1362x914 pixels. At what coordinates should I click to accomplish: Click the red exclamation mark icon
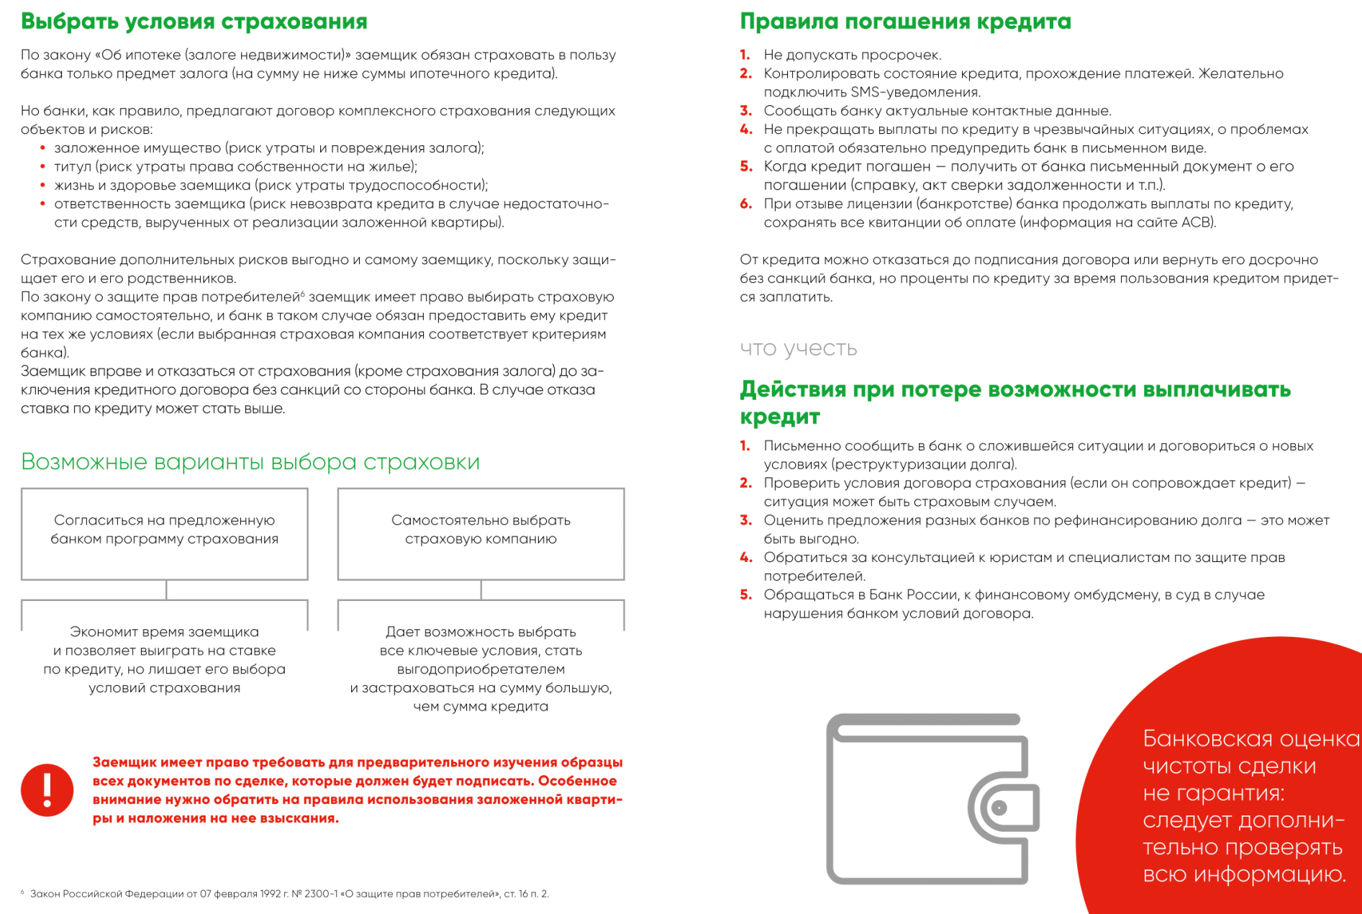(47, 789)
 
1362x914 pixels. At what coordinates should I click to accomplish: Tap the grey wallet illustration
(932, 799)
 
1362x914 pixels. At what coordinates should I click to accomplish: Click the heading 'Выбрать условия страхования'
(194, 22)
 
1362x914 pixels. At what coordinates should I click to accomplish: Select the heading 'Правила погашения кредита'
(905, 22)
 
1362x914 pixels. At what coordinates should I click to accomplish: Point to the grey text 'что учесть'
(799, 348)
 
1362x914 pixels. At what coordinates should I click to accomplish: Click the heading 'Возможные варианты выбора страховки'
(250, 461)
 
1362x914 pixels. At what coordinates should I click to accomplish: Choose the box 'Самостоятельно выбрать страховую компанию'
(481, 533)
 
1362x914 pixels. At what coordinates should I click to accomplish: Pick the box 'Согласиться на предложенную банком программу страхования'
(165, 533)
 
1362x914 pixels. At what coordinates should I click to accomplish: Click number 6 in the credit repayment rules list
(745, 204)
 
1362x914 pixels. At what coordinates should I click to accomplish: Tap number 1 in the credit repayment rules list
(745, 55)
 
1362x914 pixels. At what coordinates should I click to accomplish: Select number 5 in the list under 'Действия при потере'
(745, 594)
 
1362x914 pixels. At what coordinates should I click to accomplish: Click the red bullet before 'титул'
(43, 166)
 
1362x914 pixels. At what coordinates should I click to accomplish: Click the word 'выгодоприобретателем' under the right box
(481, 669)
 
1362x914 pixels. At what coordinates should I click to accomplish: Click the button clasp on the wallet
(999, 808)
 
